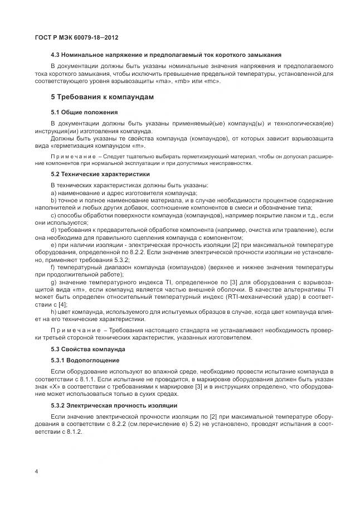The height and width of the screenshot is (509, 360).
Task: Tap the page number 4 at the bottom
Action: click(36, 472)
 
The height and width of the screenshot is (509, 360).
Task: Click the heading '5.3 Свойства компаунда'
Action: click(87, 349)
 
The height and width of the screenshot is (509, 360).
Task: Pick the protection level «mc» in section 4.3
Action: click(212, 81)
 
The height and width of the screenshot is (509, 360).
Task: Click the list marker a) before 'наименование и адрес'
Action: click(53, 192)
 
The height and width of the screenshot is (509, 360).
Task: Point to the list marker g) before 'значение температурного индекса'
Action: click(53, 282)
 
